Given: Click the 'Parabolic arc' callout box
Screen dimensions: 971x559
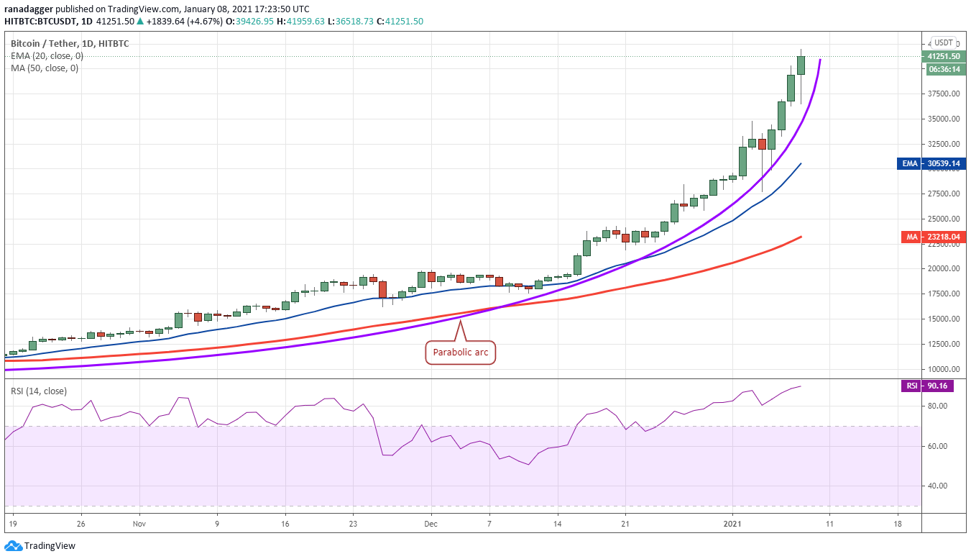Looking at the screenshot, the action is click(x=461, y=352).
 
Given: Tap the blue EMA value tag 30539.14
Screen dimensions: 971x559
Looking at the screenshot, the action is click(x=931, y=163).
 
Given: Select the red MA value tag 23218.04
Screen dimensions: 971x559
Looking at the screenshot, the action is click(x=934, y=237).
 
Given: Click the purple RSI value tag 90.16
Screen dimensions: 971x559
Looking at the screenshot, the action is click(x=928, y=386).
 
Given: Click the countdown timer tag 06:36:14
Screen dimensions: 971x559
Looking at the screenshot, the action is click(x=946, y=70).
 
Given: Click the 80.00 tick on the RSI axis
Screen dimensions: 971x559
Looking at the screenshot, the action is click(x=937, y=406).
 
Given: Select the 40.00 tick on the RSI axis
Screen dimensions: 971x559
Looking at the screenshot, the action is click(x=937, y=486).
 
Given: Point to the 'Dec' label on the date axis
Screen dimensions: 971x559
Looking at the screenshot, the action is click(x=431, y=524).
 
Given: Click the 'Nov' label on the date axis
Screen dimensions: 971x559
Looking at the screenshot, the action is click(x=139, y=524).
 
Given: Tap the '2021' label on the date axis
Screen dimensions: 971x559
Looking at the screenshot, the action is click(x=732, y=524).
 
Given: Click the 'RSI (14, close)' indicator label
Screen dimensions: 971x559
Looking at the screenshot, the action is click(x=39, y=391).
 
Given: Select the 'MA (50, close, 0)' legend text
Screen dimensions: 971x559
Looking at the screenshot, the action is click(x=45, y=68).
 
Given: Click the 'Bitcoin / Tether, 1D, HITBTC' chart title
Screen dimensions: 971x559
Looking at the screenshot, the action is click(x=69, y=43).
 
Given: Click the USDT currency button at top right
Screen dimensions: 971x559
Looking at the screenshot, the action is click(x=943, y=42).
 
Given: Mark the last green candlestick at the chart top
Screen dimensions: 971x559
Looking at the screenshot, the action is click(x=801, y=65).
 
